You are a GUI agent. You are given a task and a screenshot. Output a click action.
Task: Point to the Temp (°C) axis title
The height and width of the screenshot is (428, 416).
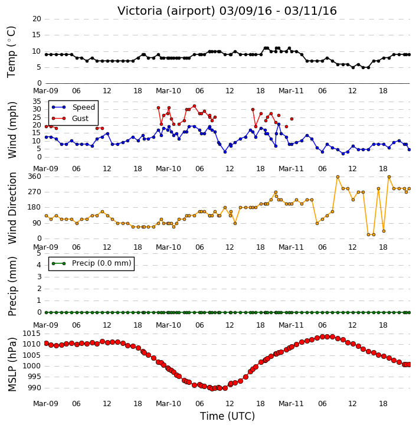pyautogui.click(x=11, y=52)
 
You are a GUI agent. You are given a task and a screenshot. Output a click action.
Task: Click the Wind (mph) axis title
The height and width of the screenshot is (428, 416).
pyautogui.click(x=12, y=130)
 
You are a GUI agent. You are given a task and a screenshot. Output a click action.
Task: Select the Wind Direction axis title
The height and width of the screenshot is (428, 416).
pyautogui.click(x=12, y=208)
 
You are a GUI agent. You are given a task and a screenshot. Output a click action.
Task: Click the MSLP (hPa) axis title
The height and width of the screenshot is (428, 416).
pyautogui.click(x=12, y=364)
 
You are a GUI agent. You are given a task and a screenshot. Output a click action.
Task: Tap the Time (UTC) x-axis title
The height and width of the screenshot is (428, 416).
pyautogui.click(x=227, y=416)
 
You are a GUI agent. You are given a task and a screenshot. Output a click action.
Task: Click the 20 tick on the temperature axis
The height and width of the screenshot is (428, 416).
pyautogui.click(x=37, y=19)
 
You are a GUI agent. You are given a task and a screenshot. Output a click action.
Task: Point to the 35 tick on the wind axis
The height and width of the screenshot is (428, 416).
pyautogui.click(x=37, y=102)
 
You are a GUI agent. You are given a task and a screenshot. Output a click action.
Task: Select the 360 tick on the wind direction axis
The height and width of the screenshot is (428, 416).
pyautogui.click(x=35, y=177)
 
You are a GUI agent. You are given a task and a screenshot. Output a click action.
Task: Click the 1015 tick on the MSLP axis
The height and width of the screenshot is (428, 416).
pyautogui.click(x=32, y=334)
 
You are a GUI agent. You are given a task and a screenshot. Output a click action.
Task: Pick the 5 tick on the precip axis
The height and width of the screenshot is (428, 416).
pyautogui.click(x=39, y=253)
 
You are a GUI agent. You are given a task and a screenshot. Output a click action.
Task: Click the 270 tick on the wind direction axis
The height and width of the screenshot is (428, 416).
pyautogui.click(x=35, y=192)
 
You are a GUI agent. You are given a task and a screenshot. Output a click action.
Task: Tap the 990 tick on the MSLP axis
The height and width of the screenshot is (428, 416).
pyautogui.click(x=35, y=388)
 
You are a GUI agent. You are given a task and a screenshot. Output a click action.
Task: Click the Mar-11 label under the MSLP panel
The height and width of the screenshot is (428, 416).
pyautogui.click(x=291, y=403)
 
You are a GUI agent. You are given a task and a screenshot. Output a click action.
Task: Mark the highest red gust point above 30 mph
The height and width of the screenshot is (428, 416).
pyautogui.click(x=194, y=106)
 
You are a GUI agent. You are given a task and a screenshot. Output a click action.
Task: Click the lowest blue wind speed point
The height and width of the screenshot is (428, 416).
pyautogui.click(x=343, y=153)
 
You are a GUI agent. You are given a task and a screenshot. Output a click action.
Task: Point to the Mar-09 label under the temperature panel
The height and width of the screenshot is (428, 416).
pyautogui.click(x=45, y=91)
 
